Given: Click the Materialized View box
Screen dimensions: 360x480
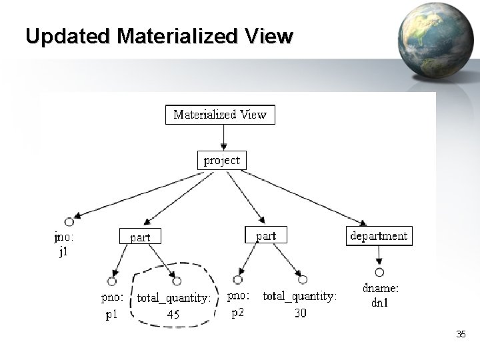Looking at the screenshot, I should [x=220, y=115].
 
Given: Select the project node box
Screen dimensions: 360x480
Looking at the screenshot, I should [x=223, y=161].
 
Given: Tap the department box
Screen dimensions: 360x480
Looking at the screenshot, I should [x=379, y=236].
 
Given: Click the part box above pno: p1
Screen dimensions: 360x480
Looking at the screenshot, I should [x=140, y=237].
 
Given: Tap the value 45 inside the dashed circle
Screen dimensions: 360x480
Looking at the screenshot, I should [x=173, y=315].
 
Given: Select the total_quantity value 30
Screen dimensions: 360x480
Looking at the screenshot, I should [x=300, y=313].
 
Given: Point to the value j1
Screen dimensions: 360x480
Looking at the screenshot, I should [x=63, y=253].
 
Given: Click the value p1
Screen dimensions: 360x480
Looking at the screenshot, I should [x=112, y=315].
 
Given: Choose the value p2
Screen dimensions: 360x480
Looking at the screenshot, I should [x=238, y=312].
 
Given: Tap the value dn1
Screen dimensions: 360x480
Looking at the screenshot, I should [x=381, y=303].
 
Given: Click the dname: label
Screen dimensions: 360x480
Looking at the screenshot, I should [x=381, y=289].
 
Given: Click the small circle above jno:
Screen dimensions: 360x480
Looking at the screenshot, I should [x=68, y=222].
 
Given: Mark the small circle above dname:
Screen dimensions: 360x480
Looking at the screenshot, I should [x=379, y=272].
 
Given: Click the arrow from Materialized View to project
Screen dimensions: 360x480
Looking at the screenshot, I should [x=223, y=137].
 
